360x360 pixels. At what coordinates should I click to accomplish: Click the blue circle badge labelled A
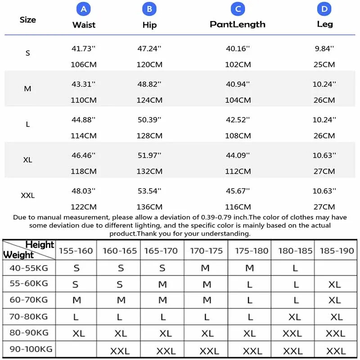point(84,9)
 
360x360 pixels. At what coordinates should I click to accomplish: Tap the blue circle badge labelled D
point(324,9)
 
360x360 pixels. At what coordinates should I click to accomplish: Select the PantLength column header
point(238,24)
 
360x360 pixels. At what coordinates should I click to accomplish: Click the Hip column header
point(149,25)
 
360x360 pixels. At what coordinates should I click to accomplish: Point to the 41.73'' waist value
point(84,49)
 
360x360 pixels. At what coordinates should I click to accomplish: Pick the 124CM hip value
point(149,100)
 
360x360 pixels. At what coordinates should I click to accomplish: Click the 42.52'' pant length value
point(238,120)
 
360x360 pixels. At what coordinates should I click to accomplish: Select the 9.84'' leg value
point(324,49)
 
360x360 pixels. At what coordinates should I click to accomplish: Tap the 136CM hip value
point(149,207)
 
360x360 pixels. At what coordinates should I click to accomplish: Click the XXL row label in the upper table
point(28,196)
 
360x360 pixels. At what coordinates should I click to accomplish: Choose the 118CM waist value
point(84,171)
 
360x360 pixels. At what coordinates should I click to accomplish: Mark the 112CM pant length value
point(238,171)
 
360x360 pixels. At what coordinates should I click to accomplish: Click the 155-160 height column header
point(76,251)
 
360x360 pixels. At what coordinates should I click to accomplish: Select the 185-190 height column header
point(337,251)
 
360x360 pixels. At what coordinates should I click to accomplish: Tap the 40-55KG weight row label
point(28,268)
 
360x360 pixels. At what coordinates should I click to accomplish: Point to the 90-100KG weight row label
point(31,349)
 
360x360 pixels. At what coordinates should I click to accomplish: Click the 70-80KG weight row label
point(28,317)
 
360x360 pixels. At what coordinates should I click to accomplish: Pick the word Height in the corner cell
point(40,245)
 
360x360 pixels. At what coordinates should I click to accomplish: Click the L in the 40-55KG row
point(295,268)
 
